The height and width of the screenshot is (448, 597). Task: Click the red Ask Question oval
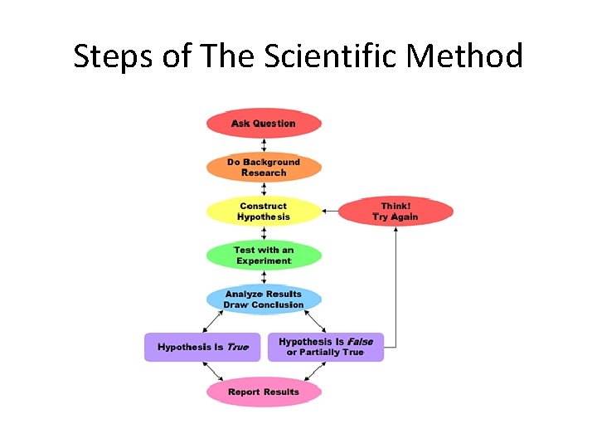tap(264, 124)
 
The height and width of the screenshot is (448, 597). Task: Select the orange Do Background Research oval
tap(264, 168)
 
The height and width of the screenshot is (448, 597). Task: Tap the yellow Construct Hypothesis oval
tap(264, 212)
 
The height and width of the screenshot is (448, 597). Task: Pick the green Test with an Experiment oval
tap(264, 256)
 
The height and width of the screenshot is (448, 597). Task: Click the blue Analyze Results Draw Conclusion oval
tap(264, 299)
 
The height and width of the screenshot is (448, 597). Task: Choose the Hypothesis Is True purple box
tap(202, 347)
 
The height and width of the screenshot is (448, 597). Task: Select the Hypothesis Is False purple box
tap(326, 347)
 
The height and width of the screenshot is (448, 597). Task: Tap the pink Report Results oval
tap(264, 392)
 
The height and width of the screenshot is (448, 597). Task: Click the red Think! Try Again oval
tap(396, 212)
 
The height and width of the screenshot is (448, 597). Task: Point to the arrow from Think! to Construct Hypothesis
tap(330, 212)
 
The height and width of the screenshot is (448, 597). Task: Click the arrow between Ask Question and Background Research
tap(264, 145)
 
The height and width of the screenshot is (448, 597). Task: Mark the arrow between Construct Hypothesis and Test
tap(264, 233)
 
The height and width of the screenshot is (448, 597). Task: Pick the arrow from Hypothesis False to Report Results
tap(314, 371)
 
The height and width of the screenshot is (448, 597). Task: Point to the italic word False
tap(360, 342)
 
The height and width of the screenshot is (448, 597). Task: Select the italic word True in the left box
tap(237, 347)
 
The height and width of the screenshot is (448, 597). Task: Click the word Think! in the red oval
tap(396, 206)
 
